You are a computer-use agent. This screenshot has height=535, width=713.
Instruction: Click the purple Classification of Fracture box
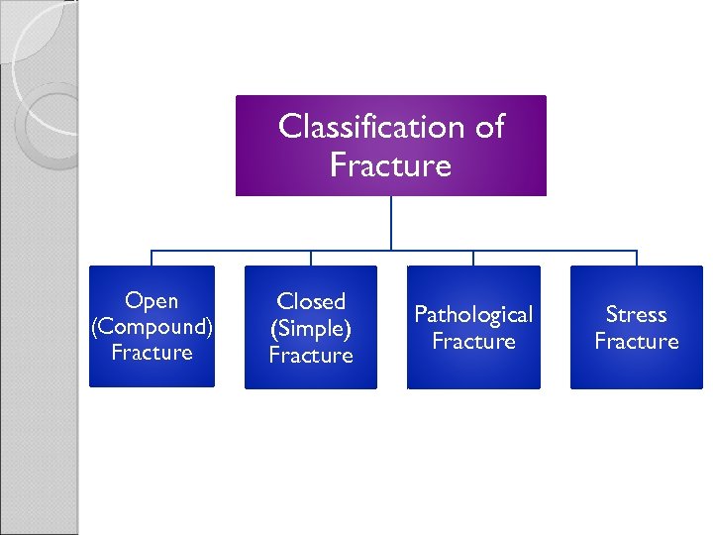(390, 146)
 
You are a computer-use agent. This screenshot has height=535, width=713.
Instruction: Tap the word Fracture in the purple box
(390, 164)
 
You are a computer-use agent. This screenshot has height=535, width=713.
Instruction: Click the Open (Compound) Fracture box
(152, 326)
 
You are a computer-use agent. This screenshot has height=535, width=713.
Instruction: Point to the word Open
(152, 301)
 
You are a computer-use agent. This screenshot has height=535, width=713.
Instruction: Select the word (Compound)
(152, 327)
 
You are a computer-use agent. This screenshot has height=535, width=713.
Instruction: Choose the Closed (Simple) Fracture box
(311, 327)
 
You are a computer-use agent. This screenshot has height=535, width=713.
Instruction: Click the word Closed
(311, 301)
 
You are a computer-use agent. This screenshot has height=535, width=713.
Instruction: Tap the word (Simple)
(311, 328)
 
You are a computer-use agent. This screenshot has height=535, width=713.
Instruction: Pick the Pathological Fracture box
(473, 327)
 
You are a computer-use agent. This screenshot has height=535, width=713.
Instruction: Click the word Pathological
(473, 315)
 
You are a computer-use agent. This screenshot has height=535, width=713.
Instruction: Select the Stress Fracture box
(636, 327)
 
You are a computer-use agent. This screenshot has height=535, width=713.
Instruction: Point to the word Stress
(636, 315)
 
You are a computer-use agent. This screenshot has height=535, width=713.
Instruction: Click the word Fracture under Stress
(636, 342)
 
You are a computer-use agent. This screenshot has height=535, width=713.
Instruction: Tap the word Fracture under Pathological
(473, 342)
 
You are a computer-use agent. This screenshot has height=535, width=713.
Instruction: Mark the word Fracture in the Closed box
(311, 355)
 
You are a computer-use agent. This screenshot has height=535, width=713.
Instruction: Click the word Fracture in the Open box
(152, 353)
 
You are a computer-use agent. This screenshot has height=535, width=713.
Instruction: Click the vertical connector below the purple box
(391, 222)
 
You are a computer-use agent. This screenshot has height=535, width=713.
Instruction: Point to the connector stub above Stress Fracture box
(636, 258)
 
